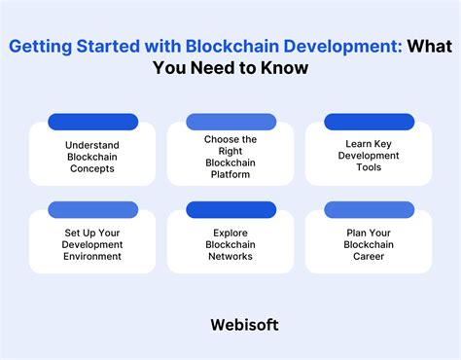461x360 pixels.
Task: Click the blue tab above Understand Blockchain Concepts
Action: click(93, 122)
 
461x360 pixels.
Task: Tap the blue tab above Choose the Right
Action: click(230, 122)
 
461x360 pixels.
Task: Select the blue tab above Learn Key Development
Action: click(369, 122)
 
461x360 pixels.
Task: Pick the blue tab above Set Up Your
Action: click(93, 209)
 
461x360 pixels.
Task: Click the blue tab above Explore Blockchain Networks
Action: click(230, 209)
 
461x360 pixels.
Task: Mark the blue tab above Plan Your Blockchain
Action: click(369, 209)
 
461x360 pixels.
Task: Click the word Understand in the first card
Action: click(93, 144)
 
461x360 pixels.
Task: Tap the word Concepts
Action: click(93, 167)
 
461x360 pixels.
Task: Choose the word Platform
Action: click(230, 174)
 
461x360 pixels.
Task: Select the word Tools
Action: click(369, 167)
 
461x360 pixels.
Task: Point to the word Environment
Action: click(93, 256)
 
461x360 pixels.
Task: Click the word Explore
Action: click(230, 233)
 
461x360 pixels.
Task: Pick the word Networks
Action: click(230, 256)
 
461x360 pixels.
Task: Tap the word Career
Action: click(369, 256)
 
